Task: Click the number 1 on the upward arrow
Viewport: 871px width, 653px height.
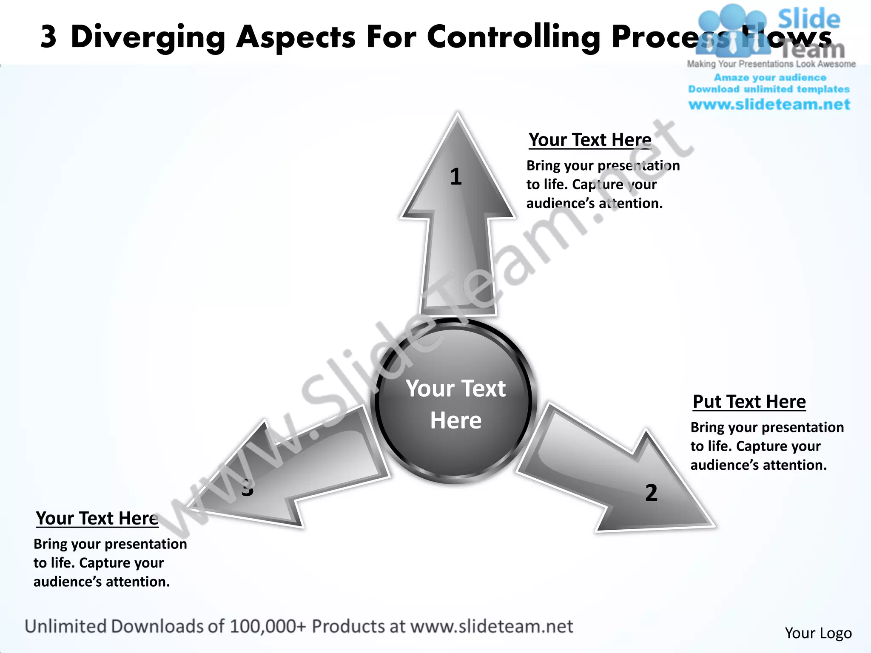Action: pyautogui.click(x=455, y=176)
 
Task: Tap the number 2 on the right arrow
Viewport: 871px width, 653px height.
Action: pyautogui.click(x=651, y=493)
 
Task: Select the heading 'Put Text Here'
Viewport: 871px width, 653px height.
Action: pyautogui.click(x=749, y=402)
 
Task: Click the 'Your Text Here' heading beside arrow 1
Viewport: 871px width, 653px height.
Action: pyautogui.click(x=590, y=140)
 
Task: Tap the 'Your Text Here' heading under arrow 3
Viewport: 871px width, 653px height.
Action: pyautogui.click(x=97, y=518)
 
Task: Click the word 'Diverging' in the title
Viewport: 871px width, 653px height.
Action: pyautogui.click(x=148, y=38)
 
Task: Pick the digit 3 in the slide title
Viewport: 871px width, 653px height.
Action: pyautogui.click(x=48, y=37)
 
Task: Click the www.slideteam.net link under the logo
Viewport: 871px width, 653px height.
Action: pyautogui.click(x=769, y=105)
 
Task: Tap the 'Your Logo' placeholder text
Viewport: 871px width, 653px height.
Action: pyautogui.click(x=818, y=633)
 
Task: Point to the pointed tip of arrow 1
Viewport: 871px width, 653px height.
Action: pyautogui.click(x=458, y=115)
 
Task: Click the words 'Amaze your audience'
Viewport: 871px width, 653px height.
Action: pyautogui.click(x=770, y=77)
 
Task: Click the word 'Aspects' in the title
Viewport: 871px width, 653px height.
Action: pyautogui.click(x=296, y=38)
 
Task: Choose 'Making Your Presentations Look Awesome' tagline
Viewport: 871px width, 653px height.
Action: pyautogui.click(x=771, y=64)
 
